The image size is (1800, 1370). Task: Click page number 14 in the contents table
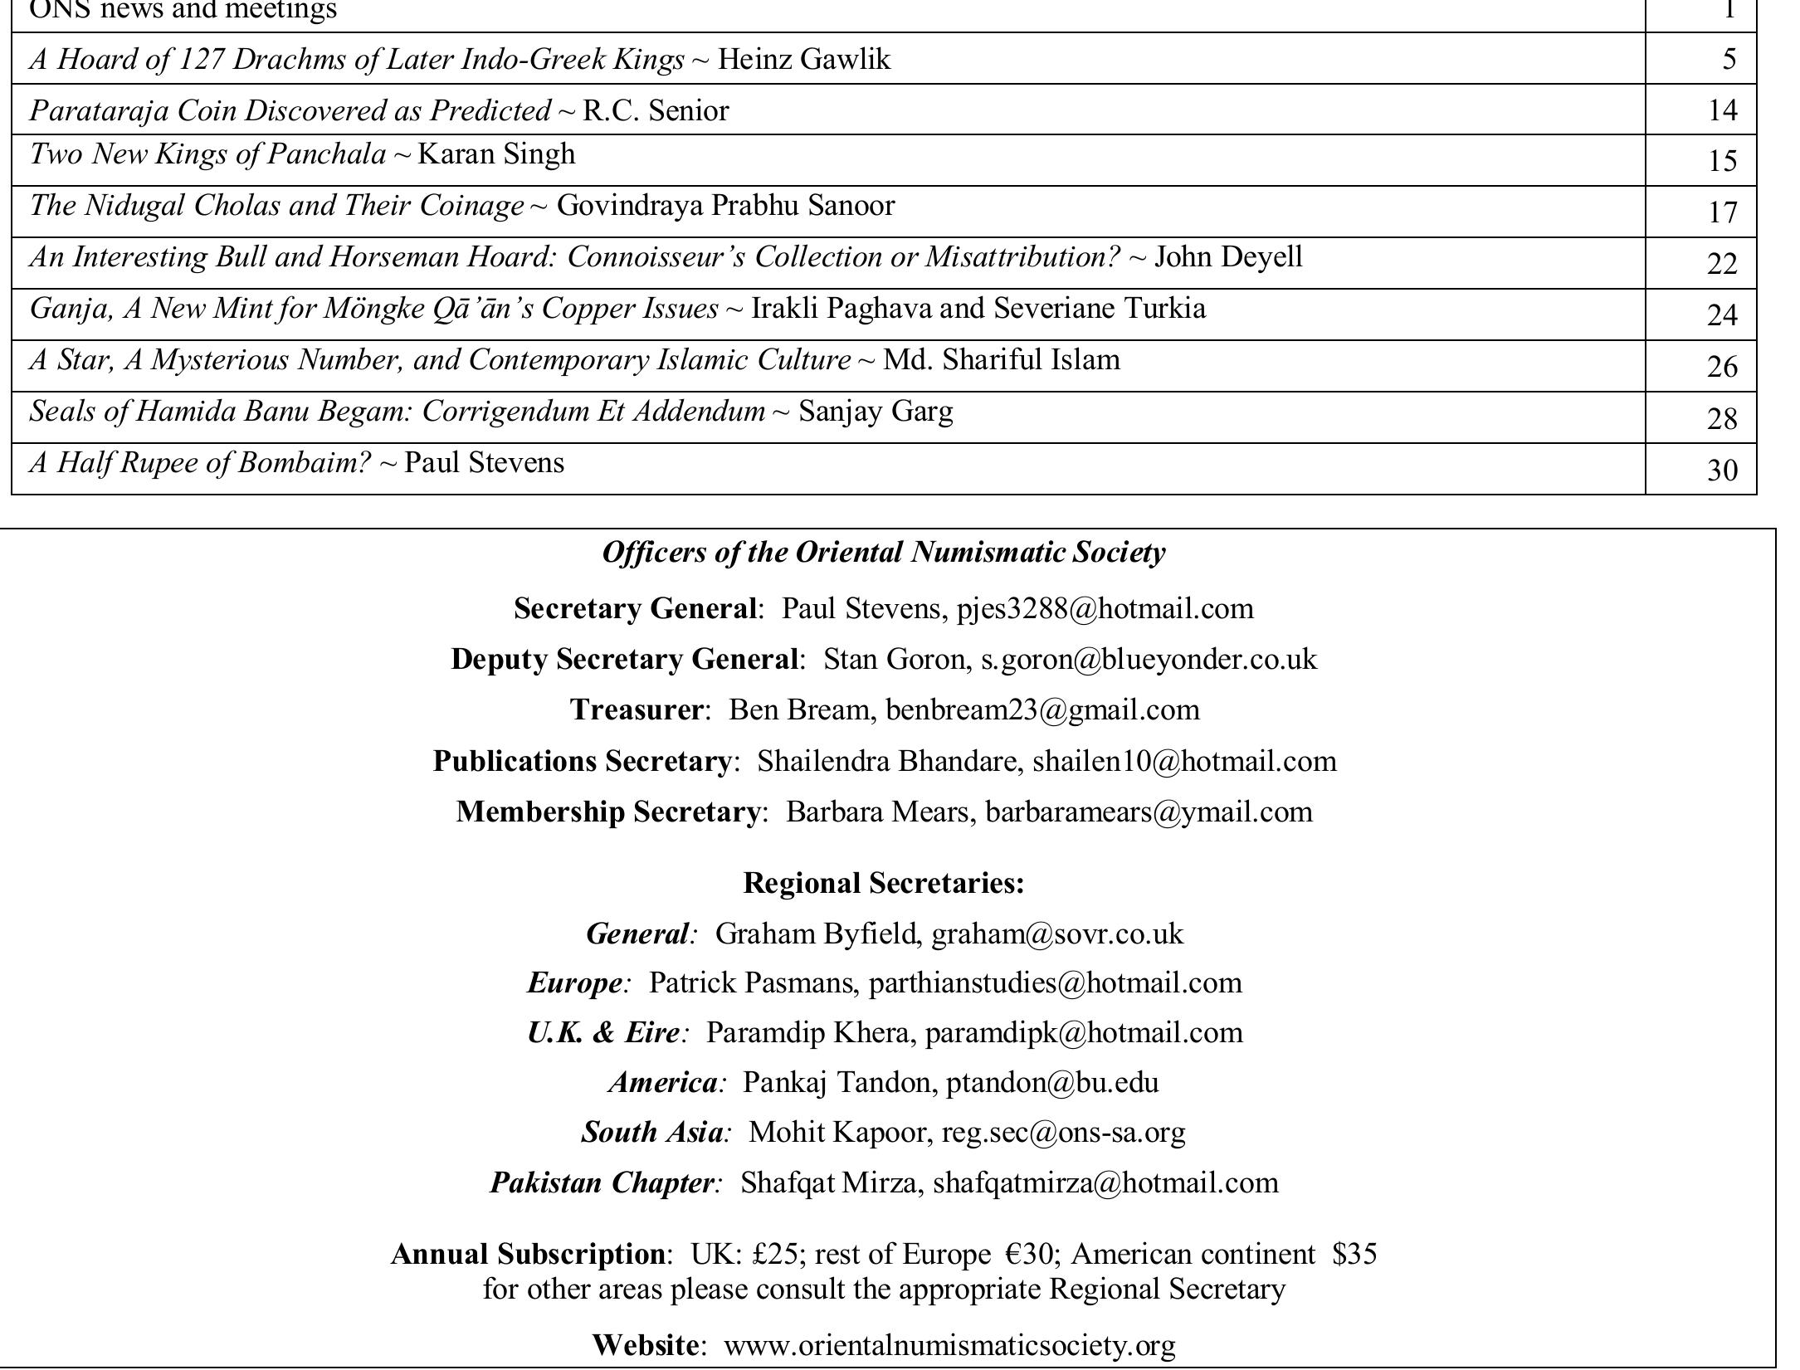[1722, 110]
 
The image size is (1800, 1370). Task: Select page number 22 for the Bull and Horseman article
[1722, 264]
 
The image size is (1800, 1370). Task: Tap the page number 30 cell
[1722, 470]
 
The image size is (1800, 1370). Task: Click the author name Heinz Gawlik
[803, 60]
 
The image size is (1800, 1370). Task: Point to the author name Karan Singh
[495, 154]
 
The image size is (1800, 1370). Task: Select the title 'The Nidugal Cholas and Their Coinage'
[276, 206]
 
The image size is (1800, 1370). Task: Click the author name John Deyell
[1228, 257]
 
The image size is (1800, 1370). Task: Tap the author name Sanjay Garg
[876, 412]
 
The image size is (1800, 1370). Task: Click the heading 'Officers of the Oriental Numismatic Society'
[884, 553]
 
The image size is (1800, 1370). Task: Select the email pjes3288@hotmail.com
[1105, 609]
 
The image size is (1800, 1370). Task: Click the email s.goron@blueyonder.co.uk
[1149, 660]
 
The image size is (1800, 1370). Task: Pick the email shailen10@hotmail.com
[1184, 762]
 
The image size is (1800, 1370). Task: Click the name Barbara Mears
[880, 812]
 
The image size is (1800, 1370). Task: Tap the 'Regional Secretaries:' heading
[884, 883]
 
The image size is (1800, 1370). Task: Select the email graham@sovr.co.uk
[1057, 934]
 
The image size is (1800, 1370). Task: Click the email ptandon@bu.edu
[1052, 1083]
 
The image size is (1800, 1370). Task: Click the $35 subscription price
[1354, 1254]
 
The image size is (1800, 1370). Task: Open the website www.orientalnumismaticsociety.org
[949, 1345]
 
